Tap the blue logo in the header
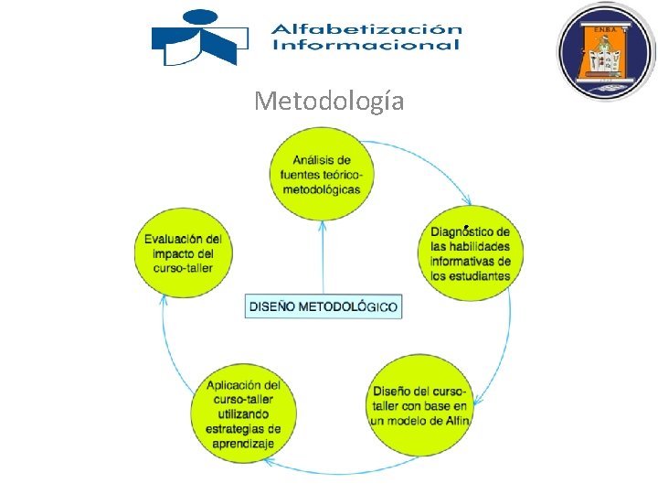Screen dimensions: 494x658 pyautogui.click(x=199, y=38)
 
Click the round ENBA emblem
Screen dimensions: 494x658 pyautogui.click(x=606, y=51)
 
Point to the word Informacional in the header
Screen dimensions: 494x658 pyautogui.click(x=366, y=45)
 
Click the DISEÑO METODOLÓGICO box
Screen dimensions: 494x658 pyautogui.click(x=324, y=306)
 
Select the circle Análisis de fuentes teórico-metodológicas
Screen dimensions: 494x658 pyautogui.click(x=321, y=175)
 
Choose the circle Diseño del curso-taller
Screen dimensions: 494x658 pyautogui.click(x=420, y=405)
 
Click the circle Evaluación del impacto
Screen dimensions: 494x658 pyautogui.click(x=183, y=253)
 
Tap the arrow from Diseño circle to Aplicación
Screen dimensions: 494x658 pyautogui.click(x=329, y=471)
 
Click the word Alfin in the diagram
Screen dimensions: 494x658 pyautogui.click(x=457, y=420)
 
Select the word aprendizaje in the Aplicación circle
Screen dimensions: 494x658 pyautogui.click(x=243, y=444)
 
